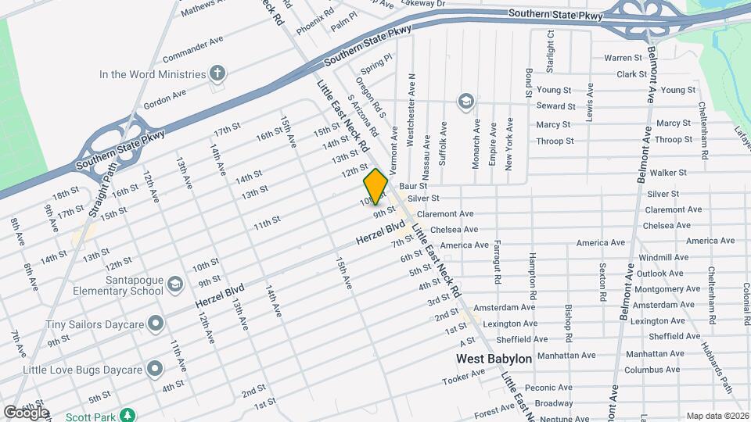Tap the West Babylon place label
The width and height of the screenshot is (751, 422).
[494, 359]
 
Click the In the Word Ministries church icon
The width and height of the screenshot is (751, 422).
[218, 74]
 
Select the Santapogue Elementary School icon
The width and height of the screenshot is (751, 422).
[174, 284]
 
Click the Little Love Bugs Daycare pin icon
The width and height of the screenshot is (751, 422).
[155, 368]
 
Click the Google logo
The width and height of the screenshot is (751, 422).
[26, 412]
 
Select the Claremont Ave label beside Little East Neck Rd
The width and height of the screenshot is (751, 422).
[445, 213]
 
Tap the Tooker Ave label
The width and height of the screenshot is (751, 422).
[463, 377]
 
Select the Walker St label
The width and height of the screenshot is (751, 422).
[667, 172]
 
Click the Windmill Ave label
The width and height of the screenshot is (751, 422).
[662, 257]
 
